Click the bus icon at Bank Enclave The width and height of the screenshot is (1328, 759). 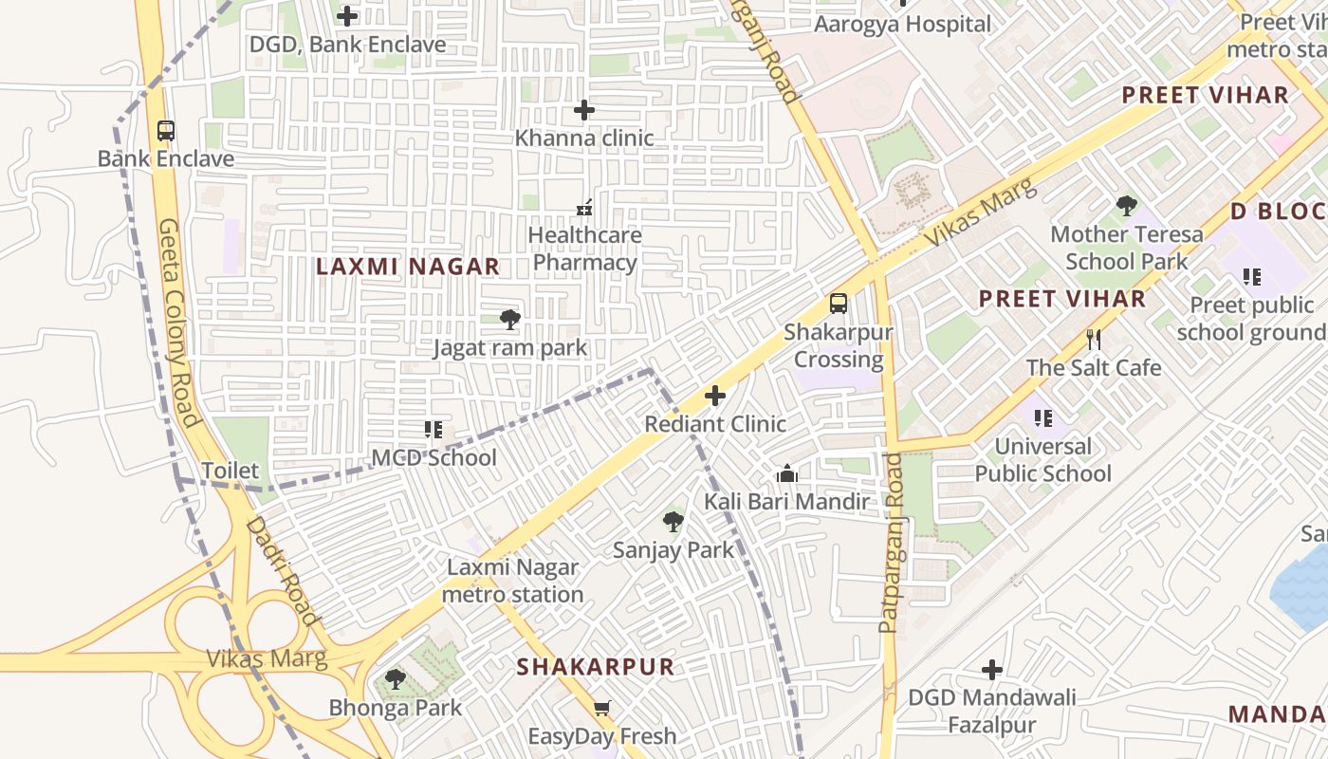[166, 131]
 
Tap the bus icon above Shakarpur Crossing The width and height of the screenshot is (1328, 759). [839, 304]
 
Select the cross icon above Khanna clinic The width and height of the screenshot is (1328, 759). [584, 111]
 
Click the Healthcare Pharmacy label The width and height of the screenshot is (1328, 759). [584, 249]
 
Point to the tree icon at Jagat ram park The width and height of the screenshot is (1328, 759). [510, 320]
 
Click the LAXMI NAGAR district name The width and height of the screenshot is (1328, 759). [408, 267]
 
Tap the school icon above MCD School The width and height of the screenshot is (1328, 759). [433, 430]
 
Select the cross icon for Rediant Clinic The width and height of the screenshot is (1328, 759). [715, 396]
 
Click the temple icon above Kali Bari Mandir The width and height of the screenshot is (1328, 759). [786, 473]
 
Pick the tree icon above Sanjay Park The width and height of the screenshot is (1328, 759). [673, 522]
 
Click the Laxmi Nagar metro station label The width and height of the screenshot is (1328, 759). [512, 581]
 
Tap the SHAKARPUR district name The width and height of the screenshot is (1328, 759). [596, 667]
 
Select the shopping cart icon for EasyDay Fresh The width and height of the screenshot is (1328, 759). [601, 708]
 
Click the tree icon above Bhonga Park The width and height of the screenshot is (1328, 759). [396, 679]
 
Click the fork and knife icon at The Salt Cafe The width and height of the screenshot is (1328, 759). [1094, 340]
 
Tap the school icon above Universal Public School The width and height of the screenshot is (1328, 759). [1043, 417]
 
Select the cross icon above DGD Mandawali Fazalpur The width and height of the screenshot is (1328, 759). [992, 671]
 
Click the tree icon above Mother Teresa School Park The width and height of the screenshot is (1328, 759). [1126, 205]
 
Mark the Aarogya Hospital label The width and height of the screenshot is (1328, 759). [902, 25]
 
